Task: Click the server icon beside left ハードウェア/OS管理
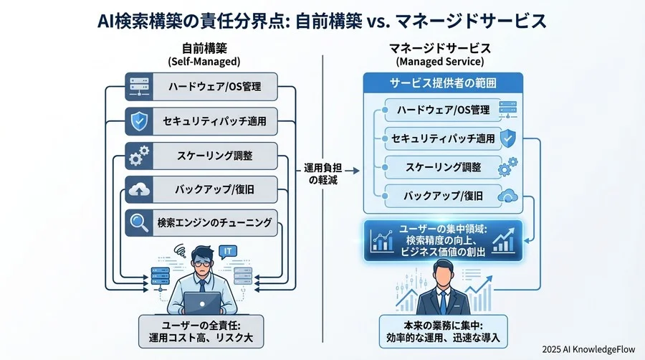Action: [138, 87]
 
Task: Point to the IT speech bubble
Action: [227, 251]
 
